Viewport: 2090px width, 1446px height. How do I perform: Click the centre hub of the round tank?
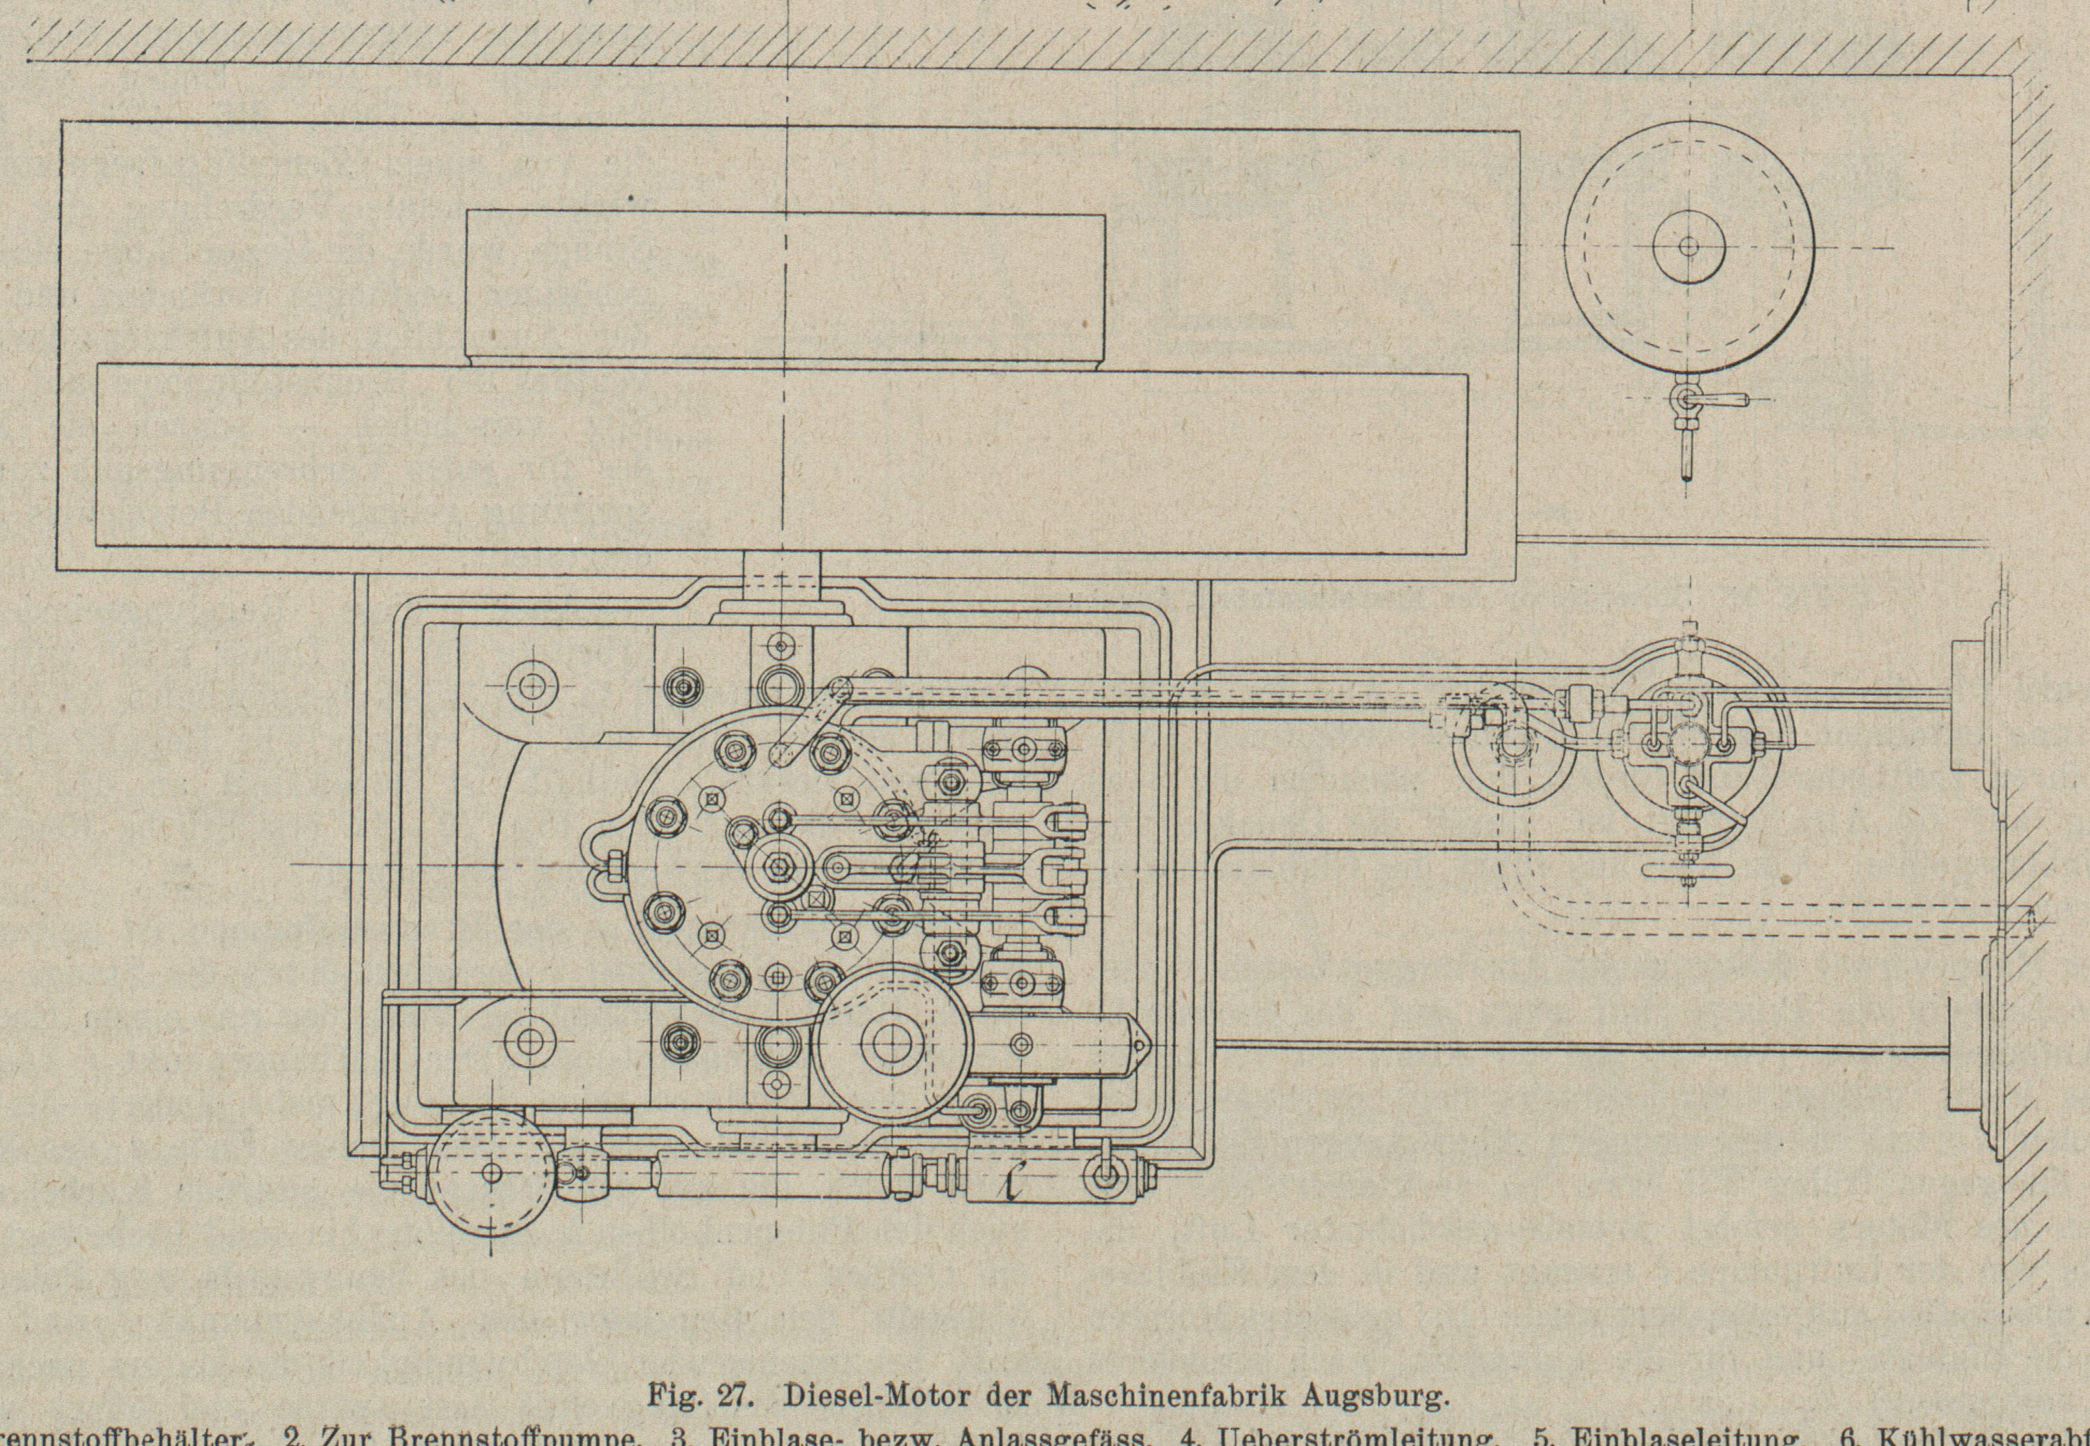[x=1688, y=246]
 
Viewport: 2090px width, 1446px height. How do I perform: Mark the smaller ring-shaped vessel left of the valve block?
[x=1511, y=745]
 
